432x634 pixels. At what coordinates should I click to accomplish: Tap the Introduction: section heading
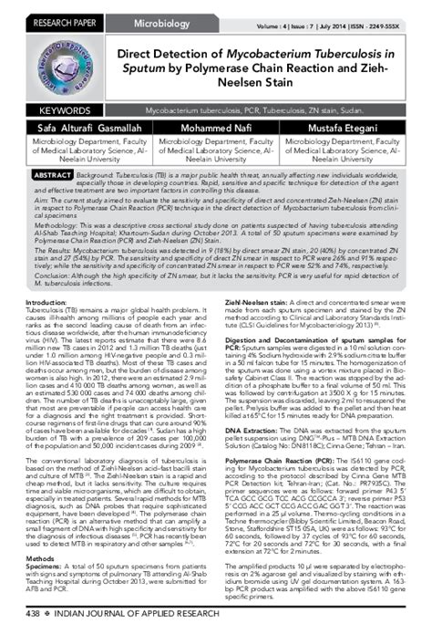47,302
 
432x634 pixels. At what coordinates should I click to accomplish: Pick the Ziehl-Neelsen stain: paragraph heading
252,302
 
